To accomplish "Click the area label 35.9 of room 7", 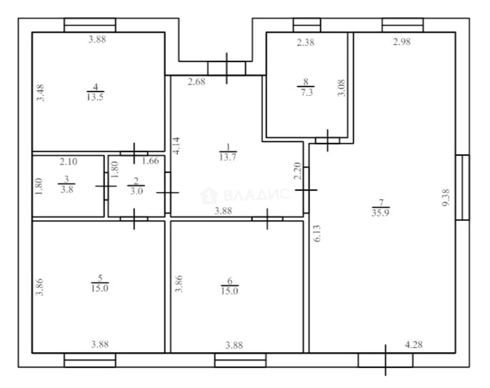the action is (x=381, y=213).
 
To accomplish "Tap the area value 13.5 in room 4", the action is (x=95, y=97).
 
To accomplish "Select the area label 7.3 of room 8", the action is (x=307, y=93).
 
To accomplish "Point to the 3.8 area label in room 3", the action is (x=67, y=190).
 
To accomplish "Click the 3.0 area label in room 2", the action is (x=136, y=191).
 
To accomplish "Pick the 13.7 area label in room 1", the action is (x=228, y=157).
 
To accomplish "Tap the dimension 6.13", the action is (x=317, y=233).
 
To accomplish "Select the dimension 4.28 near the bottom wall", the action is (x=414, y=345).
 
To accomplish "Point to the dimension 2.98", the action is (x=402, y=42).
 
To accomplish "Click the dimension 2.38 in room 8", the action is (x=306, y=42).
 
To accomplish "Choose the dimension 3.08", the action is (x=341, y=88).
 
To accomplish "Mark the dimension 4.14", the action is (x=176, y=146).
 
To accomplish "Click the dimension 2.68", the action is (x=196, y=82).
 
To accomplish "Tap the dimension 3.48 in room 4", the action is (x=41, y=93).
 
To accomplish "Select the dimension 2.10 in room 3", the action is (x=68, y=162).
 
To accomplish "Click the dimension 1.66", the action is (x=150, y=161).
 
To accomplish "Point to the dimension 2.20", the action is (x=298, y=171).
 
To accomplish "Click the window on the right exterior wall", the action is (x=462, y=188).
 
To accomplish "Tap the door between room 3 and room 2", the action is (x=106, y=186).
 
